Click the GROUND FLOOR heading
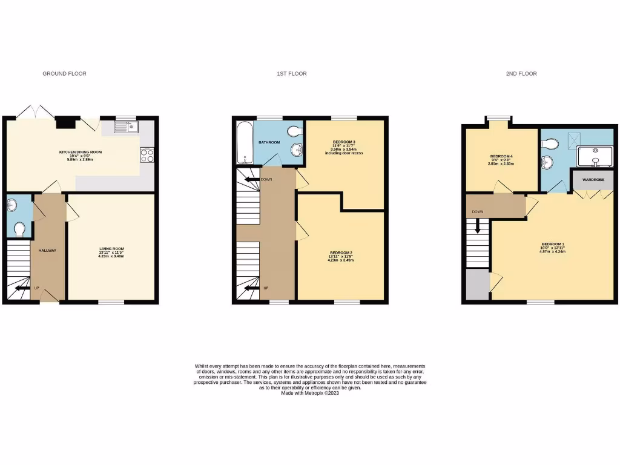[64, 74]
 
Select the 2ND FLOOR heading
[521, 74]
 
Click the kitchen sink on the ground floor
[127, 127]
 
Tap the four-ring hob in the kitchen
[147, 156]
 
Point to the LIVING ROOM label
[111, 249]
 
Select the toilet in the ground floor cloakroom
[19, 229]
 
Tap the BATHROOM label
[269, 142]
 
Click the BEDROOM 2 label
[341, 252]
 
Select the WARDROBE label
[593, 180]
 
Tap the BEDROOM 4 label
[501, 156]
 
